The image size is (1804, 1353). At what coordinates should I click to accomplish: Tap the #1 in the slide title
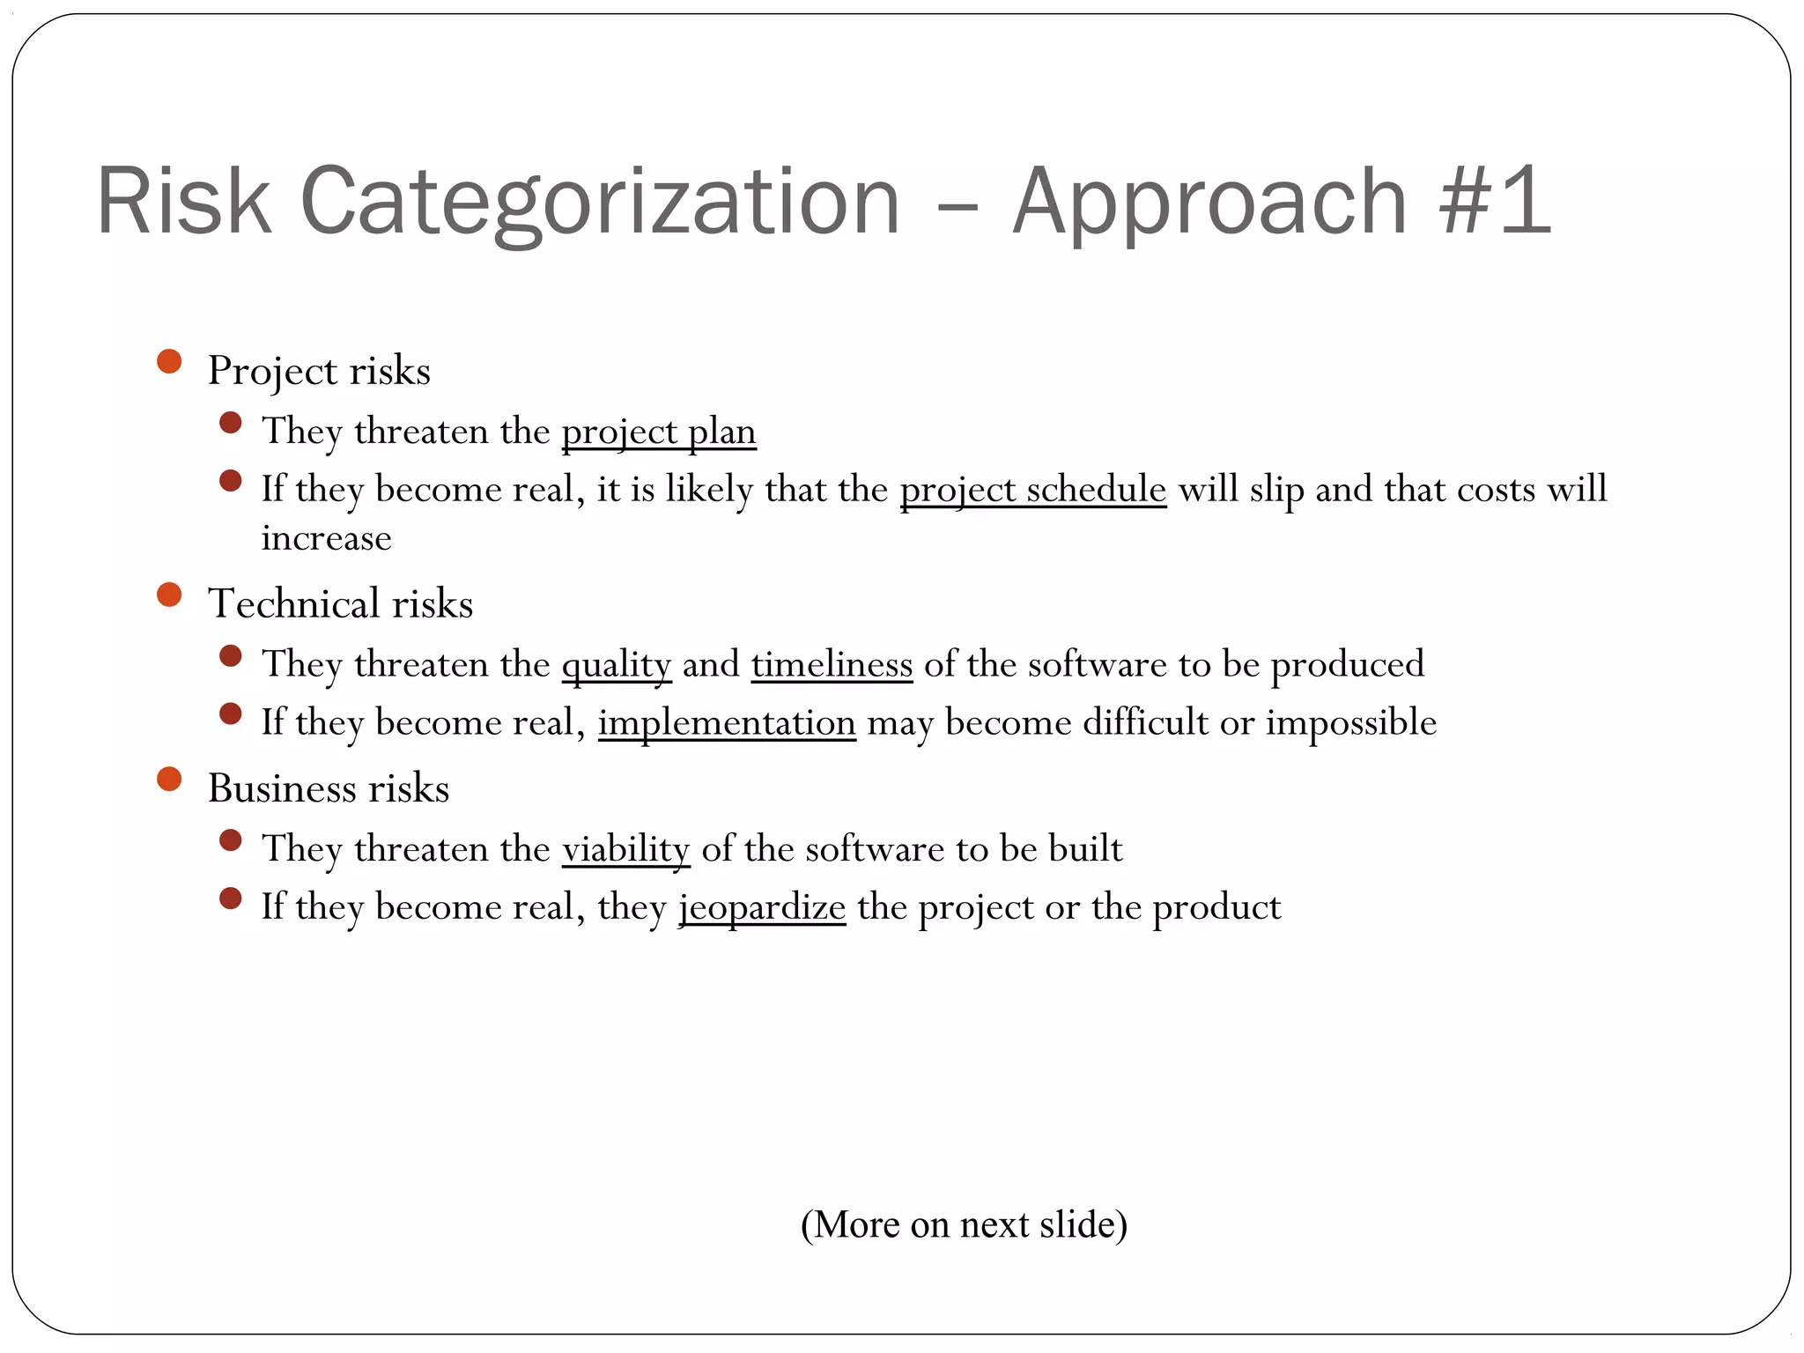1494,203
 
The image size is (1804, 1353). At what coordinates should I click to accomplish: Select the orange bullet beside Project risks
169,362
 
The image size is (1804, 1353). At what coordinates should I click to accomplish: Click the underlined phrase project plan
659,432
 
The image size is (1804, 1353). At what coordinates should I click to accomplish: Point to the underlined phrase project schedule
1033,490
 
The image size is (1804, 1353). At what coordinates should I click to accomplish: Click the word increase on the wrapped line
326,538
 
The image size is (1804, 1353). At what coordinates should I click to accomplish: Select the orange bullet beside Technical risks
169,595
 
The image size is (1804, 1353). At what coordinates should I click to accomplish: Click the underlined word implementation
727,723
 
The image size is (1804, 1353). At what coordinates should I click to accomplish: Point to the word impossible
1351,723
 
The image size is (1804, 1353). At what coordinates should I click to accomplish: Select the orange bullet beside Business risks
169,780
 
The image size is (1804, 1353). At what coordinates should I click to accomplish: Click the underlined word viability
625,849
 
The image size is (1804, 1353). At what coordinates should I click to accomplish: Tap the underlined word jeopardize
762,907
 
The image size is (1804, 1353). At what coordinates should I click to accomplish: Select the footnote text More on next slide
964,1224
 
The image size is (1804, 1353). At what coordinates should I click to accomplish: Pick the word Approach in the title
1209,203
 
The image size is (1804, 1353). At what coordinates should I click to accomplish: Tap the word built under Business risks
1085,849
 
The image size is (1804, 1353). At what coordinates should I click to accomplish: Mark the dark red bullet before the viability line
231,840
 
